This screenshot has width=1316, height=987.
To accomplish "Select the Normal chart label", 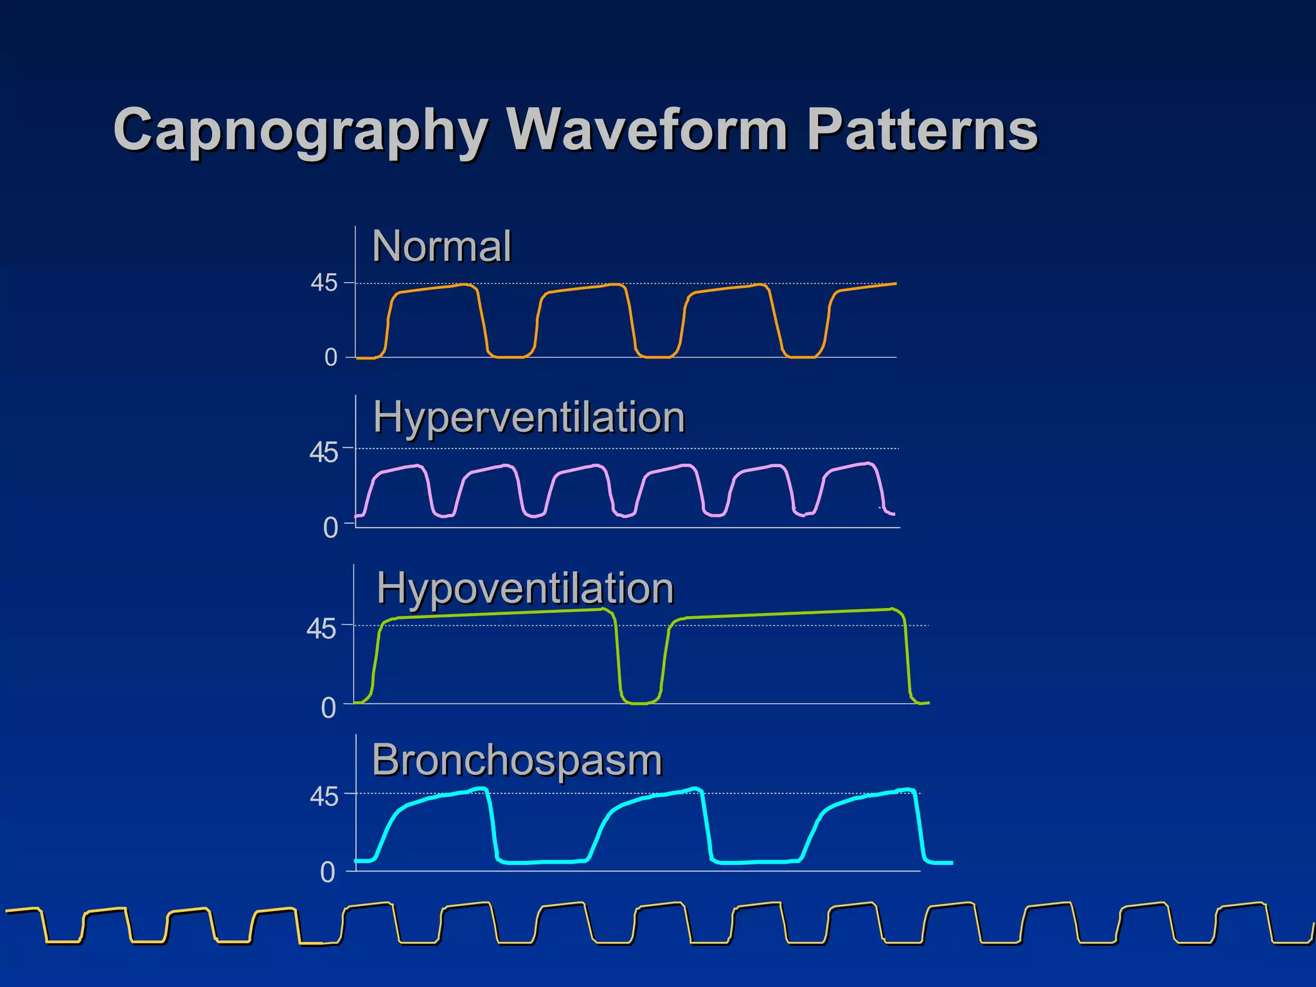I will pos(441,246).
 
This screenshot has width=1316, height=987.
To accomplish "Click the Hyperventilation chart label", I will pos(529,417).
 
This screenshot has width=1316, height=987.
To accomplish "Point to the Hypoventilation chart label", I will pos(525,588).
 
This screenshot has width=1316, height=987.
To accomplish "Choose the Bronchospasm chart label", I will pos(517,760).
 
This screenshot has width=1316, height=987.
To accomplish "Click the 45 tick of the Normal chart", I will pos(324,283).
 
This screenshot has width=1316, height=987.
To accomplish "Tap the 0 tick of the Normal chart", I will pos(330,357).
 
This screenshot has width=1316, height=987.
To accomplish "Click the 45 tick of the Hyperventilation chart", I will pos(323,453).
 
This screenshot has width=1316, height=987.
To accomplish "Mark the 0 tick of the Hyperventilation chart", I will pos(330,528).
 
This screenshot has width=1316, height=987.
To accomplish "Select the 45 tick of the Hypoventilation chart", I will pos(321,628).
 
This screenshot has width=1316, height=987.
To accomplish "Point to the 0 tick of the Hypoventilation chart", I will pos(328,708).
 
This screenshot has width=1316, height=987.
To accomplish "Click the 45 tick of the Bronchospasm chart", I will pos(323,797).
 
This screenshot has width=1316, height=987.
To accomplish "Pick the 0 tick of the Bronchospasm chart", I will pos(328,873).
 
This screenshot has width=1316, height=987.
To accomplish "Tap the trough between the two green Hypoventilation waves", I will pos(640,703).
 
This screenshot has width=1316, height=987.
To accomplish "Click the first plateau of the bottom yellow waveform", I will pos(22,909).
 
